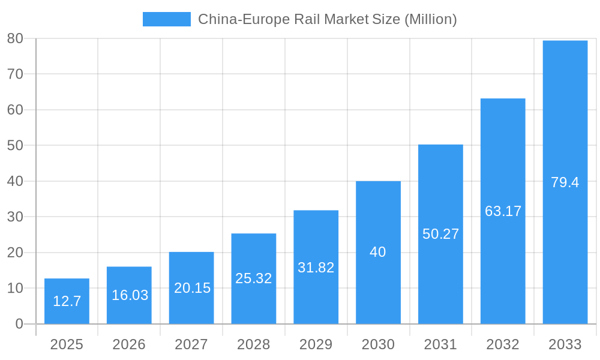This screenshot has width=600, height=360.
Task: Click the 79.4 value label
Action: pos(565,182)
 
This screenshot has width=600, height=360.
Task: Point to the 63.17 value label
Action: pos(503,211)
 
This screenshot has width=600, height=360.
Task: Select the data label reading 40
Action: pos(378,252)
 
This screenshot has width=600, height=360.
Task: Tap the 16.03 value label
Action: pos(130,295)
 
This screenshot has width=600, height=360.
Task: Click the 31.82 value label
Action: pos(316,268)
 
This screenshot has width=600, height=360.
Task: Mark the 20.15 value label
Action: pos(192,288)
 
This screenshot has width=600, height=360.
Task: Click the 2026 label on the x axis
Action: pos(129,344)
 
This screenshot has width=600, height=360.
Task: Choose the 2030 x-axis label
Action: pos(378,344)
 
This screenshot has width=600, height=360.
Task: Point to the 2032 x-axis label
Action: pos(503,344)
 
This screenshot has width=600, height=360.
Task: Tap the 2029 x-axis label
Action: pos(316,344)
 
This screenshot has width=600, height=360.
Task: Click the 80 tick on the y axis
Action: pos(15,38)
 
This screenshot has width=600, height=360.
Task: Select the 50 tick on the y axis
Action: pos(15,145)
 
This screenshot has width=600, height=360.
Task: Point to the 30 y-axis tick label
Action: pos(15,217)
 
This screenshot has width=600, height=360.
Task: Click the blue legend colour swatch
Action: pos(166,19)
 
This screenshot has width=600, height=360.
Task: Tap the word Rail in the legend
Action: pos(307,19)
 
